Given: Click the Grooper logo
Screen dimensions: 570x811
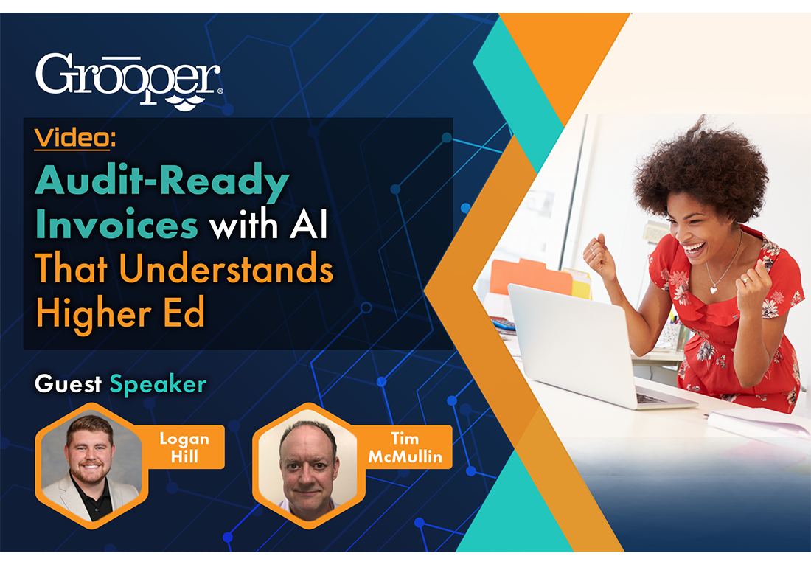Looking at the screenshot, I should pos(129,76).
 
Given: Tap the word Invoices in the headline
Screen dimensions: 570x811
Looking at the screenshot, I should pos(116,226).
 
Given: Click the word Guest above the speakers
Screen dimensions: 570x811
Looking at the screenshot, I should pos(68,384).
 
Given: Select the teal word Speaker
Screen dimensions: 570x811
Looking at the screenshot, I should pos(158,384).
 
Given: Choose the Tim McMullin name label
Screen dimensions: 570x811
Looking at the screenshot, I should pos(405,448).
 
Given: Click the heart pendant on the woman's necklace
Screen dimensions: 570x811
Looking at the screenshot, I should pos(714,290).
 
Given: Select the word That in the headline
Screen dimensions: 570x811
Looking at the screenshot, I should pos(73,270).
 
